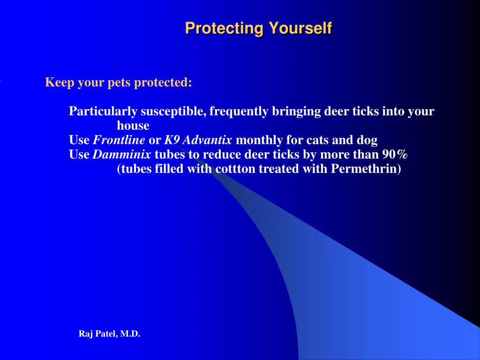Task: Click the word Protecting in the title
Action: tap(225, 29)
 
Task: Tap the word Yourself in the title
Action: tap(300, 28)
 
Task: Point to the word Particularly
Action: tap(103, 112)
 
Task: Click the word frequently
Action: tap(239, 112)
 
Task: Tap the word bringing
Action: tap(296, 112)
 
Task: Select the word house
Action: tap(133, 126)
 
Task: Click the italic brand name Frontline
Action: tap(119, 140)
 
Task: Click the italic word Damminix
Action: tap(122, 155)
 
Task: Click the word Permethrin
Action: tap(366, 169)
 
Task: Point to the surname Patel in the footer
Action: tap(105, 334)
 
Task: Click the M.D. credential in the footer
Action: tap(130, 334)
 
